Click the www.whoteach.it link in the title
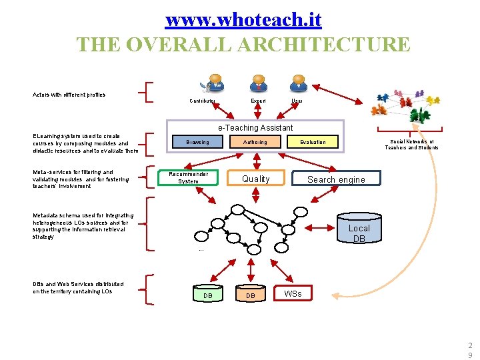243,19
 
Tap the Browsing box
197,142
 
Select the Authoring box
255,142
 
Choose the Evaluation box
313,142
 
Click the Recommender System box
188,178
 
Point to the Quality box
256,179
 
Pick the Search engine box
337,179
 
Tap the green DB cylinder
208,293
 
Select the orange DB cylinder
251,293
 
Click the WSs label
293,293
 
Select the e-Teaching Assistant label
255,127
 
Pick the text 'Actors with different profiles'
69,95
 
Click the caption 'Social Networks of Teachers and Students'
411,145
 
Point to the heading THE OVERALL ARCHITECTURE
243,45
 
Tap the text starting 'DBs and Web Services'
78,288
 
